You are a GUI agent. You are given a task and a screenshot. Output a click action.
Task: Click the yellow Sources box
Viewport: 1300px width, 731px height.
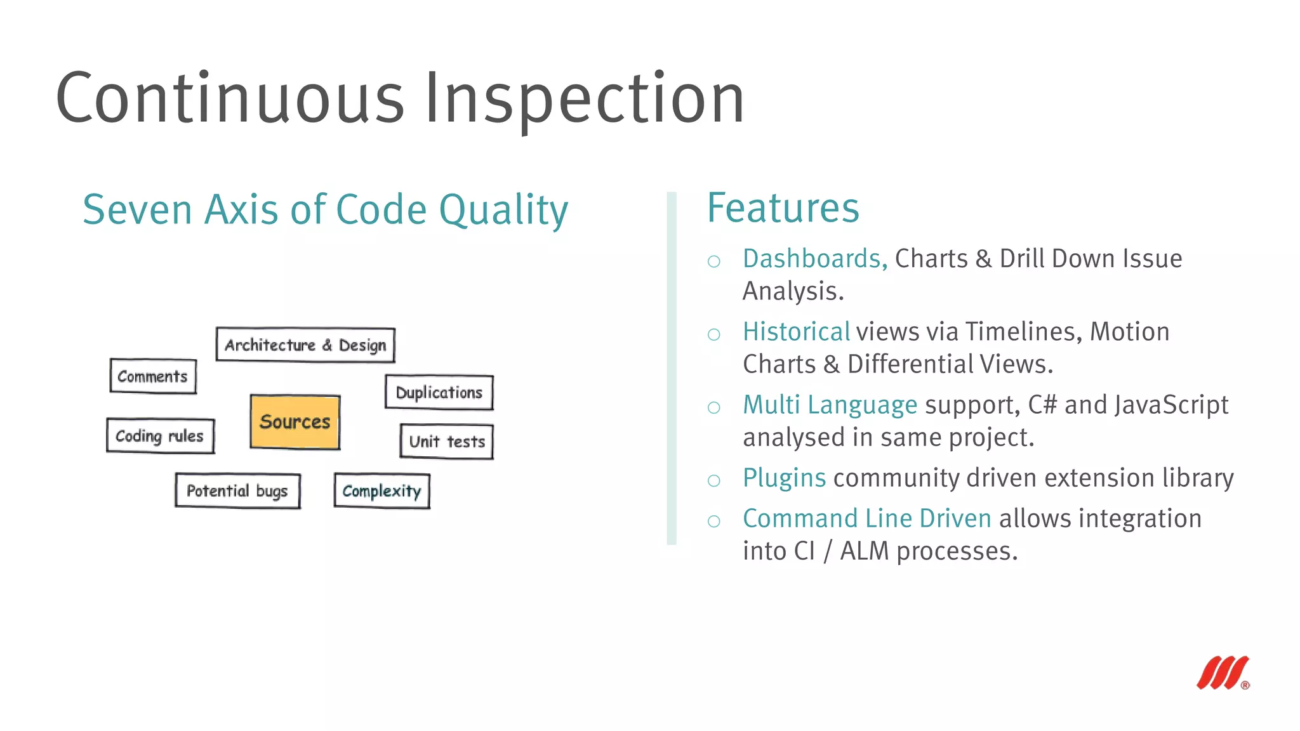[295, 422]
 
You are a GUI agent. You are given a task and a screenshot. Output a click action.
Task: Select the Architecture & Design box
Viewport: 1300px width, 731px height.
[305, 345]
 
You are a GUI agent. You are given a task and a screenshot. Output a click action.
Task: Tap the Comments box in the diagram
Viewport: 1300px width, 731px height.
[153, 376]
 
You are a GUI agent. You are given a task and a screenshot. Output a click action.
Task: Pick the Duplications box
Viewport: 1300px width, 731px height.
[439, 392]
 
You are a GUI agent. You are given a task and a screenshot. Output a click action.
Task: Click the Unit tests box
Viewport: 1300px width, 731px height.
[447, 441]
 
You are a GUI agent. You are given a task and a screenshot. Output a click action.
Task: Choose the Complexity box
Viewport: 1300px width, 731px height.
[381, 491]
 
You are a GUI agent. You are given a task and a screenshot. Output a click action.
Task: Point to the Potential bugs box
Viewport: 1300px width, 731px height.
[237, 491]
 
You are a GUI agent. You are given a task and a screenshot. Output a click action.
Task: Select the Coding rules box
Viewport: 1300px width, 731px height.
[160, 436]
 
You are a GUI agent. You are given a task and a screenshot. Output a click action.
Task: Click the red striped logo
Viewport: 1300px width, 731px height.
[1223, 673]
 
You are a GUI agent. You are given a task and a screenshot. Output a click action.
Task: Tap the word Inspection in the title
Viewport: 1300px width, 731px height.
[584, 98]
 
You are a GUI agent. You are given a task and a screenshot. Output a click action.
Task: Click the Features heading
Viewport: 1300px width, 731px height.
[783, 208]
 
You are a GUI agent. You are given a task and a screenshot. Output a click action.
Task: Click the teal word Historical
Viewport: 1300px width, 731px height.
[796, 332]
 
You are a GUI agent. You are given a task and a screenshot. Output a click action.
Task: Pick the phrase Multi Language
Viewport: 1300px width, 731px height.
[830, 405]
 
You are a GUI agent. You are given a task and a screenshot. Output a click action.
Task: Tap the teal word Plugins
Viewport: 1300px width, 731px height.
[784, 478]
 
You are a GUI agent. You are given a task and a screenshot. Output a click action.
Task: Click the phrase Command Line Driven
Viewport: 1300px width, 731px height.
[866, 518]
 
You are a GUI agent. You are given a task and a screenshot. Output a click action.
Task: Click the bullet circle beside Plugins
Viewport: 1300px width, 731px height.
[714, 480]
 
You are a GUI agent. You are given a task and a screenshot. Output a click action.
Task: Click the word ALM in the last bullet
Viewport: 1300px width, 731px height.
[864, 551]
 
